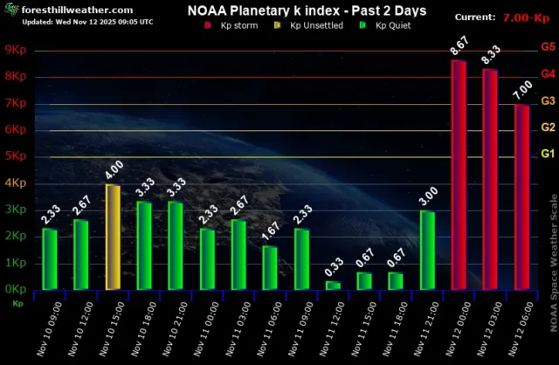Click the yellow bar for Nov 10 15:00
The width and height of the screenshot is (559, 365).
click(x=113, y=238)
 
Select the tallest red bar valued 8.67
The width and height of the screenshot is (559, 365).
click(x=459, y=175)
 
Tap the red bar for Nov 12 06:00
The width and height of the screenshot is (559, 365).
click(x=521, y=197)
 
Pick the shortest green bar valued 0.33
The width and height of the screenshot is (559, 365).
click(x=333, y=285)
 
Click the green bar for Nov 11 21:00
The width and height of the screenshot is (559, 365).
click(x=427, y=250)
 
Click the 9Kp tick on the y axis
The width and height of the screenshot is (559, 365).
click(x=16, y=50)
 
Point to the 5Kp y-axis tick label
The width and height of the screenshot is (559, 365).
click(x=16, y=156)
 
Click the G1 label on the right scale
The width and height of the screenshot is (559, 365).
click(x=549, y=154)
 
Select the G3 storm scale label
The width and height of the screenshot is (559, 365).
click(x=549, y=100)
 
